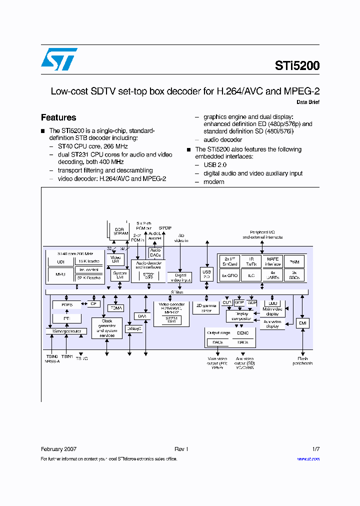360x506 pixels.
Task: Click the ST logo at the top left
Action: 59,59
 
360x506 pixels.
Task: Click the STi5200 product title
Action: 297,65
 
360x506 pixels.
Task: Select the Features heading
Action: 58,117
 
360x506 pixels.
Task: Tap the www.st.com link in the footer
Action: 308,458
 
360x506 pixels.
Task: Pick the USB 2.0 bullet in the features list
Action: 215,164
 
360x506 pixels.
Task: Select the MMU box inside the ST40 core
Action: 60,273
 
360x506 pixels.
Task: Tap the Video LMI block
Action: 116,259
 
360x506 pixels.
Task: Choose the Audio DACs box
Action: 155,253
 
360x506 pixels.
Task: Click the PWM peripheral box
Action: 294,261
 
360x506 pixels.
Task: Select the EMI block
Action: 302,323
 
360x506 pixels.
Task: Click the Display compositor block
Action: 241,316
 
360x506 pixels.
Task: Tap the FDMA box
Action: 116,308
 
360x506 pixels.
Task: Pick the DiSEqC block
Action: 134,328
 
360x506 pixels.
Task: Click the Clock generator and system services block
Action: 107,327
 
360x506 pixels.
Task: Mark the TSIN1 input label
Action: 67,356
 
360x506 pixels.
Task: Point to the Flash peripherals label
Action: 302,360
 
